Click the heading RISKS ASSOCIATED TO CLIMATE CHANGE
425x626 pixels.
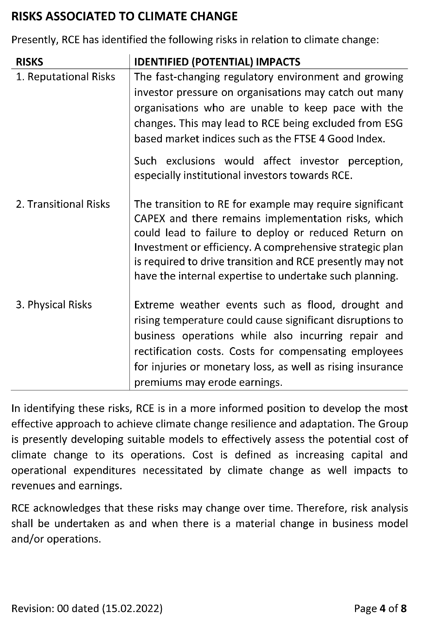(x=124, y=16)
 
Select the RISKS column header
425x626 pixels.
(x=29, y=62)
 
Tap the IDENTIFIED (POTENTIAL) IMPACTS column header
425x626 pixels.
(x=217, y=62)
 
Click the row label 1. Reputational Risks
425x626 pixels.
(x=66, y=77)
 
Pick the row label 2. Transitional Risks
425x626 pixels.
(x=63, y=204)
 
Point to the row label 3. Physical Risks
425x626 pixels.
(x=54, y=305)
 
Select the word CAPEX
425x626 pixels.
(x=150, y=219)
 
